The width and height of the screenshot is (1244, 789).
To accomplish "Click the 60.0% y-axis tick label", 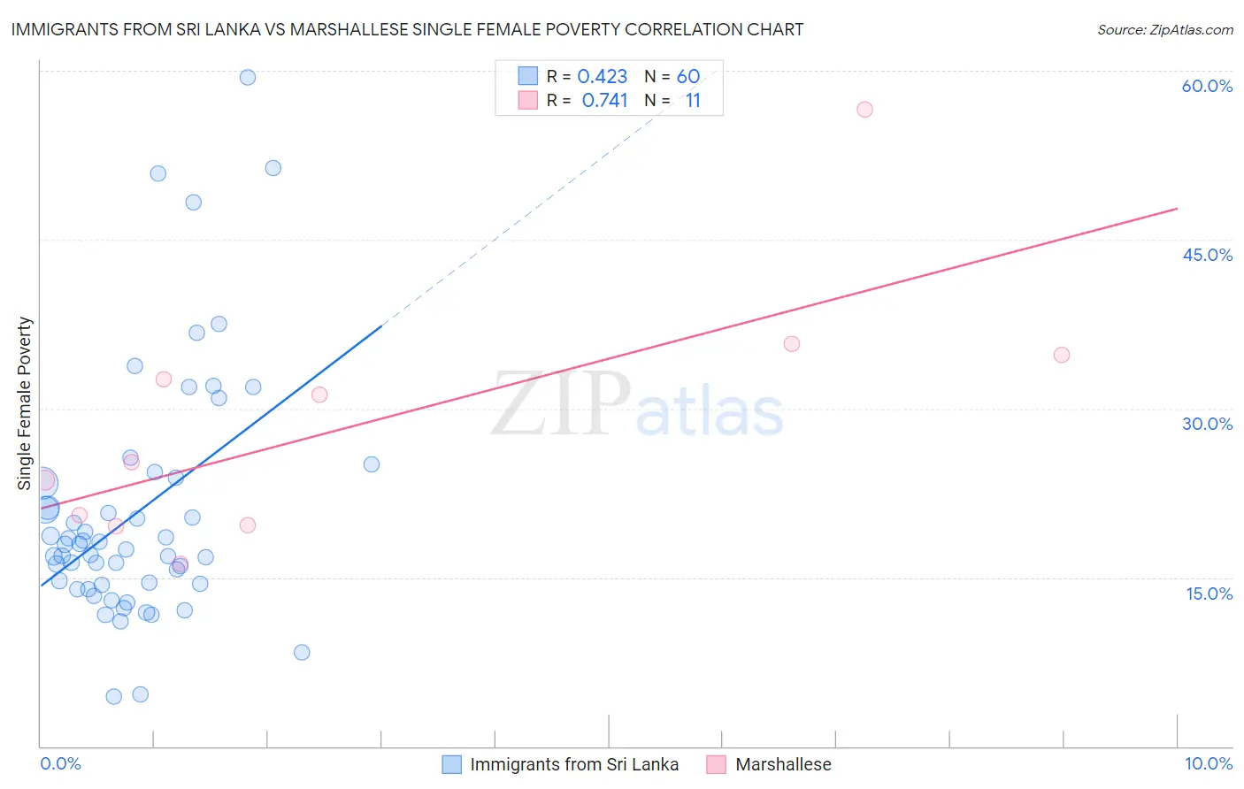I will pyautogui.click(x=1207, y=86).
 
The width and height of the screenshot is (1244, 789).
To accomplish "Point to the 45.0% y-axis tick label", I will pyautogui.click(x=1207, y=255).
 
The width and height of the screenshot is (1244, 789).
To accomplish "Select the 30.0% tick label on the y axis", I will pyautogui.click(x=1207, y=424).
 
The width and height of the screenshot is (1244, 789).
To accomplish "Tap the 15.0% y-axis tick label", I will pyautogui.click(x=1209, y=594).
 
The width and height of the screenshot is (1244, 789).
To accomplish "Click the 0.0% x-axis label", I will pyautogui.click(x=60, y=763).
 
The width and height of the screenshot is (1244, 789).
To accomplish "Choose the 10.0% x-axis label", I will pyautogui.click(x=1208, y=763).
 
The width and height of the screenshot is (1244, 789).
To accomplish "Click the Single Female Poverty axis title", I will pyautogui.click(x=25, y=403).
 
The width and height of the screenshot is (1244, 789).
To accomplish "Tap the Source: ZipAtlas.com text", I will pyautogui.click(x=1164, y=29).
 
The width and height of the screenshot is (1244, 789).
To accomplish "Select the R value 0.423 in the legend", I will pyautogui.click(x=602, y=77).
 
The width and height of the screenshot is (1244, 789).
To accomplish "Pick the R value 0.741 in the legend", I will pyautogui.click(x=604, y=101).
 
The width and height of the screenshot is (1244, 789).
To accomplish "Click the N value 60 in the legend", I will pyautogui.click(x=687, y=77).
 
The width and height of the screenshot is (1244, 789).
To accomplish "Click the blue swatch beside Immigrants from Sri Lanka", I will pyautogui.click(x=451, y=764).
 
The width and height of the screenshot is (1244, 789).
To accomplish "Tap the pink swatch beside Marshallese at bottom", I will pyautogui.click(x=716, y=764).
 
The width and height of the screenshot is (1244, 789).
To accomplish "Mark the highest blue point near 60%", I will pyautogui.click(x=248, y=77).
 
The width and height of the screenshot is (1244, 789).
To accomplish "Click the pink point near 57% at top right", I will pyautogui.click(x=864, y=110).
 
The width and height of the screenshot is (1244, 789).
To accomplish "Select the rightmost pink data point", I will pyautogui.click(x=1062, y=355).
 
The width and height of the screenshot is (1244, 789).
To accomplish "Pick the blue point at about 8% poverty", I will pyautogui.click(x=302, y=652).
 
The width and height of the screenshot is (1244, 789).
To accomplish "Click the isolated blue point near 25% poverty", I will pyautogui.click(x=372, y=464).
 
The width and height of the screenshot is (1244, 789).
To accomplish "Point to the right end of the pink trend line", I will pyautogui.click(x=1177, y=209).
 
